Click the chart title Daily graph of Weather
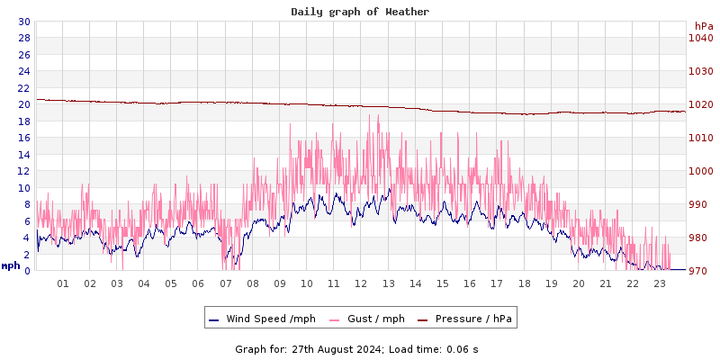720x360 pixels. pyautogui.click(x=360, y=12)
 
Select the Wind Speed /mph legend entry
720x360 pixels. pyautogui.click(x=271, y=319)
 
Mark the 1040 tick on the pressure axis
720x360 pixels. pyautogui.click(x=701, y=38)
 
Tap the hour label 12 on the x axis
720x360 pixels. pyautogui.click(x=361, y=283)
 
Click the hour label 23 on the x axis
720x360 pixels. pyautogui.click(x=660, y=283)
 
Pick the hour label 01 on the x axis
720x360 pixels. pyautogui.click(x=63, y=283)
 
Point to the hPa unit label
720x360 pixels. pyautogui.click(x=703, y=26)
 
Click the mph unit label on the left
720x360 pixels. pyautogui.click(x=11, y=265)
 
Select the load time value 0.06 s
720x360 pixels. pyautogui.click(x=463, y=348)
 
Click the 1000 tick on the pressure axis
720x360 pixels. pyautogui.click(x=701, y=171)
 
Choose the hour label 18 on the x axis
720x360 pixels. pyautogui.click(x=524, y=283)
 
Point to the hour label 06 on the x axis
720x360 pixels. pyautogui.click(x=198, y=283)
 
